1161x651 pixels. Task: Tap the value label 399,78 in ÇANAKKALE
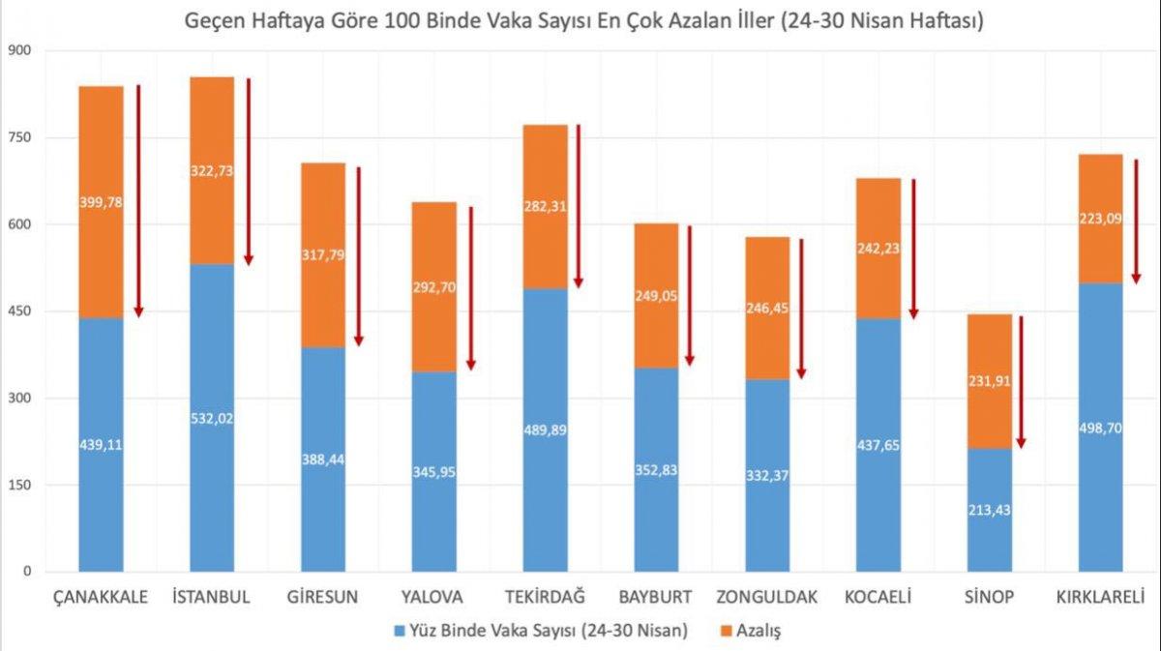[101, 202]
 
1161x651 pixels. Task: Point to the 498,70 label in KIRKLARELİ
[1101, 427]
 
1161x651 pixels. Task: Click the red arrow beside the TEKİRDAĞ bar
[579, 206]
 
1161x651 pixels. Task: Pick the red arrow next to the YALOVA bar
[471, 288]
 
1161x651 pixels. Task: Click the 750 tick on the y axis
[18, 137]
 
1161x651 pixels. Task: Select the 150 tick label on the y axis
[18, 485]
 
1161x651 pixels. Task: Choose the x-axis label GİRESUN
[323, 597]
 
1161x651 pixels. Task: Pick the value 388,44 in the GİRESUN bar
[323, 459]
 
